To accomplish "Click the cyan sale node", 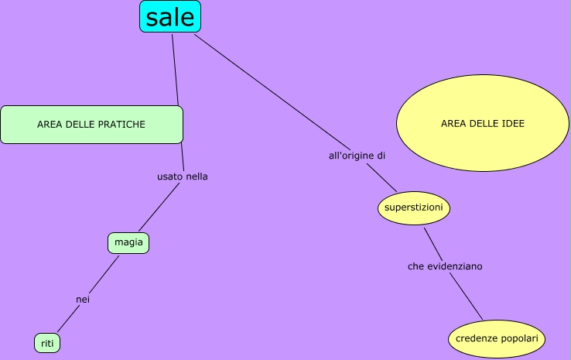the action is click(x=169, y=16).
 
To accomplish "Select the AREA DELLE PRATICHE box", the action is click(x=91, y=125).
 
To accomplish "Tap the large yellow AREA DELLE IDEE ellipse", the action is click(x=483, y=123).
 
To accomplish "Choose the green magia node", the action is click(x=128, y=243).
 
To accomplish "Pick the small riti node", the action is click(x=47, y=342).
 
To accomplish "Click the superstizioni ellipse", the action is click(x=414, y=207).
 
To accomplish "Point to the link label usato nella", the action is click(x=183, y=177).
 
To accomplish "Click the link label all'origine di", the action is click(x=357, y=156).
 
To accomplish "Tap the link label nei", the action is click(x=83, y=299).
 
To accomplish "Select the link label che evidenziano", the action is click(x=445, y=266).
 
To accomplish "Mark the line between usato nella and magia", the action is click(x=159, y=208).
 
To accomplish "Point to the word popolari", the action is click(x=518, y=339).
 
